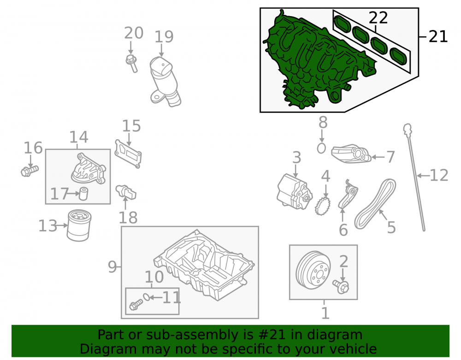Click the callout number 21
click(438, 37)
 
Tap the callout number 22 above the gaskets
click(378, 18)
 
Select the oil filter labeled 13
click(79, 225)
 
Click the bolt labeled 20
click(131, 63)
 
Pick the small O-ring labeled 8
click(321, 148)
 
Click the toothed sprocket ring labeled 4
click(323, 206)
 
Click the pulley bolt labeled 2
click(341, 287)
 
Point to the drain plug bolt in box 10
click(136, 305)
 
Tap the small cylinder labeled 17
click(84, 194)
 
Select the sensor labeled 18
click(126, 192)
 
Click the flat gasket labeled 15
click(128, 154)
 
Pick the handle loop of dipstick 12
click(407, 129)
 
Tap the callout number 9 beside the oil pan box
click(112, 267)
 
